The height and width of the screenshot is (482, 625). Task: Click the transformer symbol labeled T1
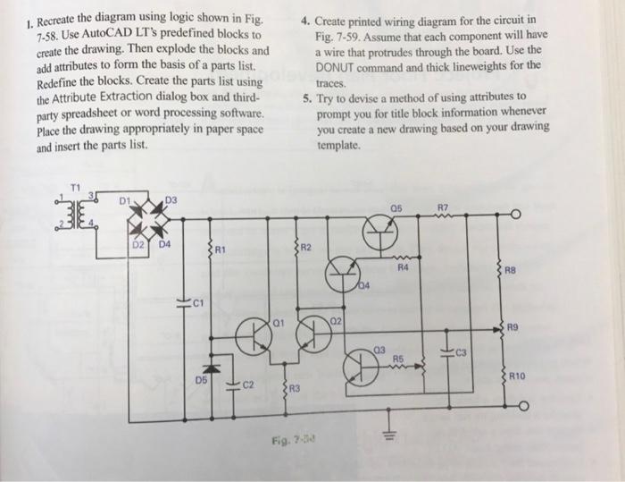click(x=73, y=212)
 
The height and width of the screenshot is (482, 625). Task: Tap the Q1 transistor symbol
click(x=255, y=335)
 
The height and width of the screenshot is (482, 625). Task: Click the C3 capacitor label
click(x=463, y=353)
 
